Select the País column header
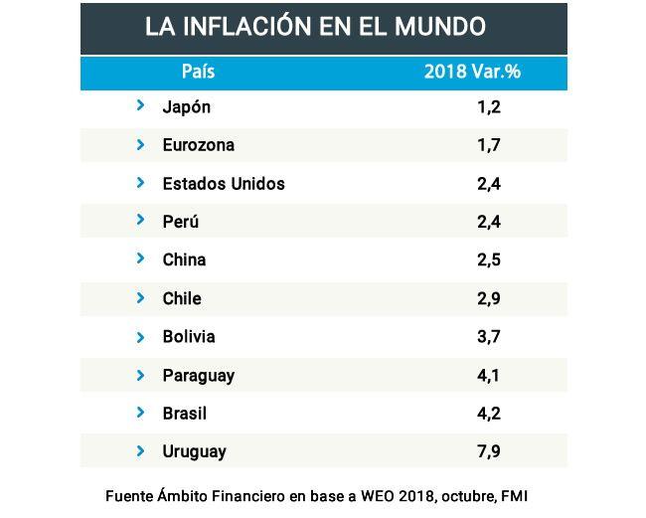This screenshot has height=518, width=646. [x=198, y=72]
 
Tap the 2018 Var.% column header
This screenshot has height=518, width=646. [x=472, y=72]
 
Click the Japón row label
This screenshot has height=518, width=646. [x=187, y=106]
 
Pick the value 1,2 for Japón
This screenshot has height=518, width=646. [x=488, y=106]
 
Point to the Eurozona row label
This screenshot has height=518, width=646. [x=199, y=145]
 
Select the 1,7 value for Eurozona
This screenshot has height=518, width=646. [x=488, y=145]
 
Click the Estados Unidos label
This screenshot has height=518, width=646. [x=224, y=184]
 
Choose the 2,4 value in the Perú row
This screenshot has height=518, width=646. [x=488, y=222]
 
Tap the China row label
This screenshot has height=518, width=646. [x=184, y=259]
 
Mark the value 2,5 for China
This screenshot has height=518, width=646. [x=488, y=259]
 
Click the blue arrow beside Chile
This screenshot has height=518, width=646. [x=141, y=297]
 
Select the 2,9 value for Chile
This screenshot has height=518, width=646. [x=488, y=298]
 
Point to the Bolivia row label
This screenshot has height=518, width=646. [x=189, y=336]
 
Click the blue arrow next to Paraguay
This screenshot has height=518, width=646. [x=141, y=374]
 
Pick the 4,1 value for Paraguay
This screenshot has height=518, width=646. [x=488, y=375]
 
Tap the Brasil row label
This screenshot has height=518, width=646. [x=185, y=413]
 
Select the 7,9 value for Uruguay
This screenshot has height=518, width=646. [x=488, y=451]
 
